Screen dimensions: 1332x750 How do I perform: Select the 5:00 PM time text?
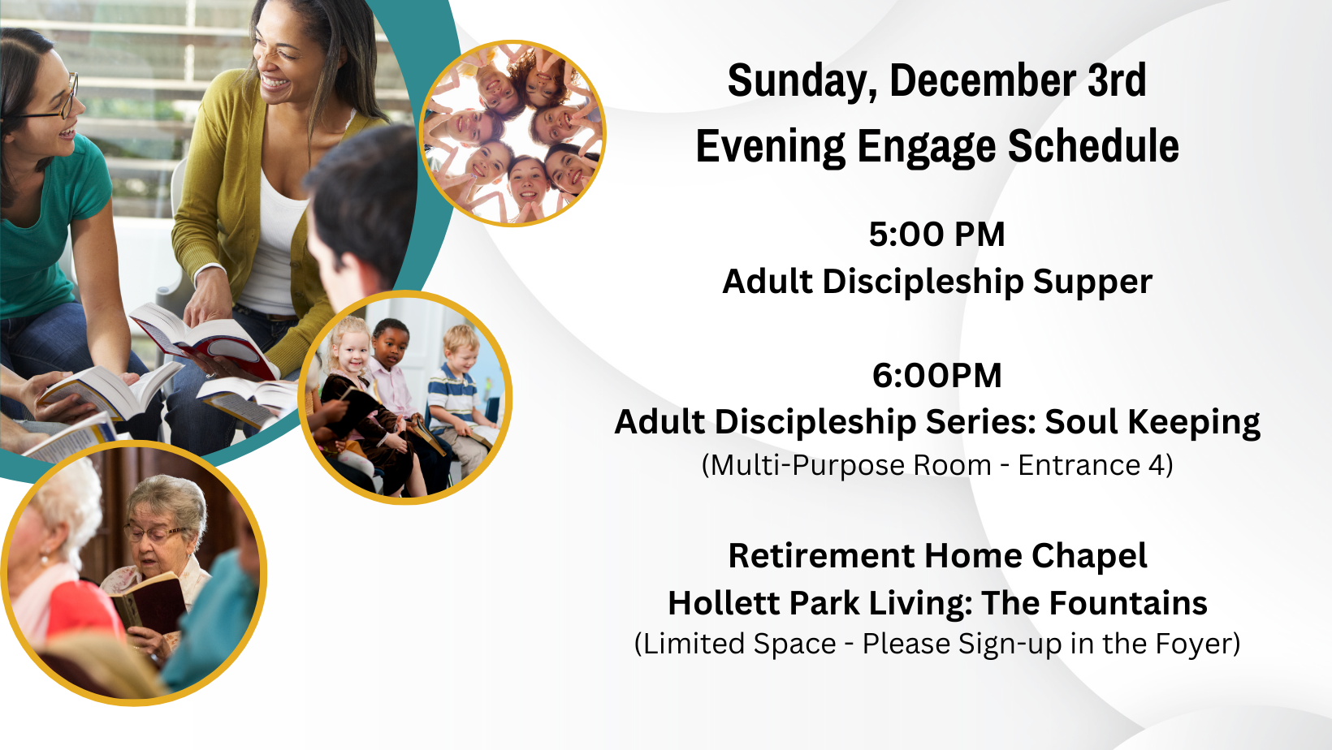click(936, 234)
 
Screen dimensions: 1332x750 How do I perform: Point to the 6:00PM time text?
click(936, 376)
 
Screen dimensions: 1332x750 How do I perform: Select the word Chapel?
click(1089, 557)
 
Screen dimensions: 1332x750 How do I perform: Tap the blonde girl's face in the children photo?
click(352, 351)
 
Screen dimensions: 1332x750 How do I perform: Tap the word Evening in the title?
click(771, 146)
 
